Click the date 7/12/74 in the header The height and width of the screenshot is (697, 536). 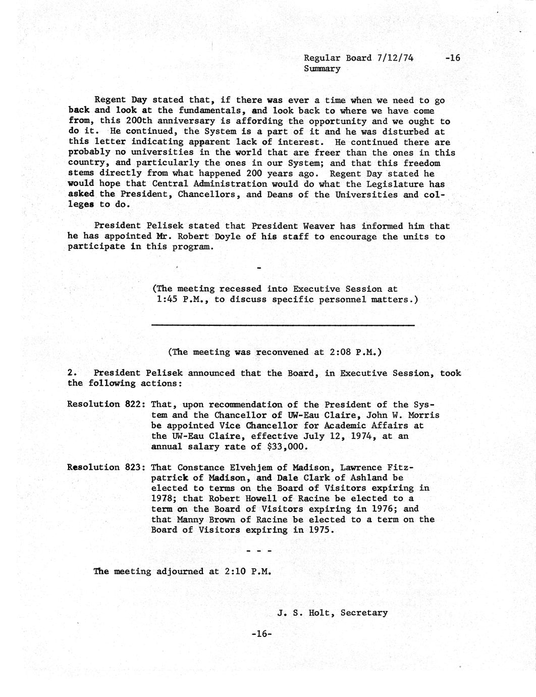395,58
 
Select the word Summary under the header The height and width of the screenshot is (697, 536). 322,68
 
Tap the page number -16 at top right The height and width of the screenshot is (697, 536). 453,58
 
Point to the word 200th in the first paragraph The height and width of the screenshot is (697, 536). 139,121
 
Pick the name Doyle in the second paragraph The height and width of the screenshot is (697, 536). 225,236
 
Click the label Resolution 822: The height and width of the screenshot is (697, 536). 106,405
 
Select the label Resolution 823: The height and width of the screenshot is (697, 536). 106,467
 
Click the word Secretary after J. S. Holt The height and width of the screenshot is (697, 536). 364,613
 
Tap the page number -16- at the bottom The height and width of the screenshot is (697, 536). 261,634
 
